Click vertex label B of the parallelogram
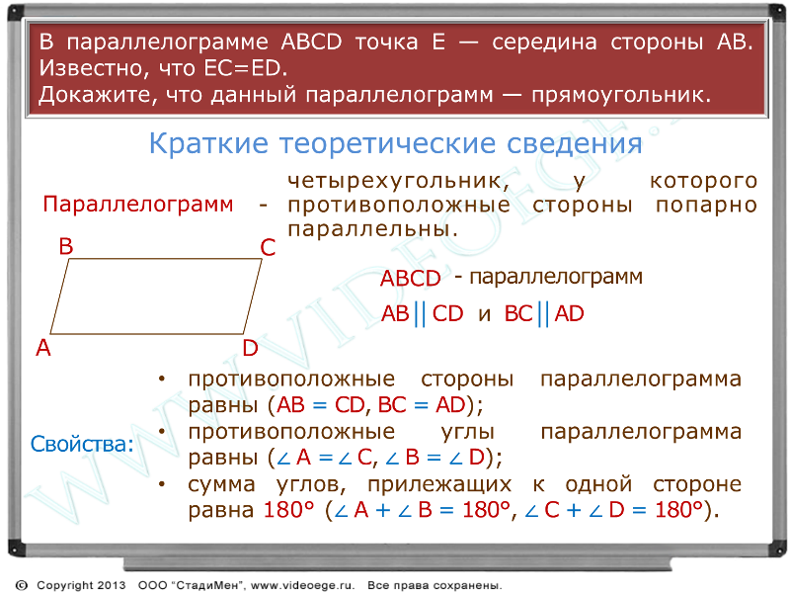(x=66, y=246)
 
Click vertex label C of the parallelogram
(x=268, y=248)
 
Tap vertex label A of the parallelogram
(x=43, y=348)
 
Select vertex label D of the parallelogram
(x=251, y=348)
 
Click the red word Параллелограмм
(x=138, y=205)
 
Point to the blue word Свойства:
(x=82, y=444)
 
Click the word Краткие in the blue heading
(x=209, y=143)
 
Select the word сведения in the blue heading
(x=575, y=143)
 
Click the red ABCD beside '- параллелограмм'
(x=411, y=278)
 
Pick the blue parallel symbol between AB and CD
(x=421, y=313)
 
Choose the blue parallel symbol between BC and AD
(x=543, y=313)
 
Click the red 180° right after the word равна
(x=288, y=510)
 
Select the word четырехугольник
(x=398, y=181)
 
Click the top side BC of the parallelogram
(x=165, y=259)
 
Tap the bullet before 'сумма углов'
(x=162, y=483)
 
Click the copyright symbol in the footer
(x=22, y=585)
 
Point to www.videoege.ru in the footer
(x=302, y=585)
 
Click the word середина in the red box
(x=545, y=42)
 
